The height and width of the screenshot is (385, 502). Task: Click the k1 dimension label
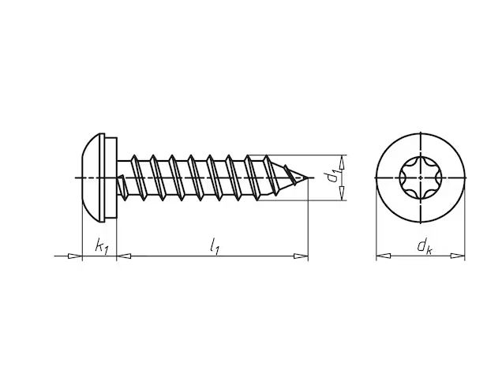click(102, 246)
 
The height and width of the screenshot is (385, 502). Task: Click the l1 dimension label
click(214, 246)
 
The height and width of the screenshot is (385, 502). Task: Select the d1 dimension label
click(332, 177)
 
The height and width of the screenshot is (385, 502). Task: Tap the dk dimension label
click(424, 246)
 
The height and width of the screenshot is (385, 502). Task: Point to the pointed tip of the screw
click(309, 178)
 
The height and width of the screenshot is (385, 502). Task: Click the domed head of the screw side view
click(93, 178)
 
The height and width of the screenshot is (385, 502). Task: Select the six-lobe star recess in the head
click(421, 177)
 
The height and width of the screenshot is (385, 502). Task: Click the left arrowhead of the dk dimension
click(384, 256)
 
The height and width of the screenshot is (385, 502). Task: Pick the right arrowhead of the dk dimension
click(458, 256)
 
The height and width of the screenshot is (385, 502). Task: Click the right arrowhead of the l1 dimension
click(301, 256)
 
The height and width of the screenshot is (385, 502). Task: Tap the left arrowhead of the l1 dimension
click(124, 256)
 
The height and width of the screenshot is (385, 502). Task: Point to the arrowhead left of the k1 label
click(75, 256)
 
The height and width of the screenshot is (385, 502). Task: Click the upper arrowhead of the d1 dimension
click(343, 163)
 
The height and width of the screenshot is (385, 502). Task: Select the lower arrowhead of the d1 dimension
click(343, 193)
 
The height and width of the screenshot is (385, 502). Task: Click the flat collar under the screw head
click(111, 178)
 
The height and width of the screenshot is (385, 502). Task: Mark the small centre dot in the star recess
click(421, 177)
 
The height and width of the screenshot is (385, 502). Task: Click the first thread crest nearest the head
click(140, 178)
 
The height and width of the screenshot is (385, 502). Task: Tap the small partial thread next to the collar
click(122, 188)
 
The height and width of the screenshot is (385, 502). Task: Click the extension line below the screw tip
click(308, 220)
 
